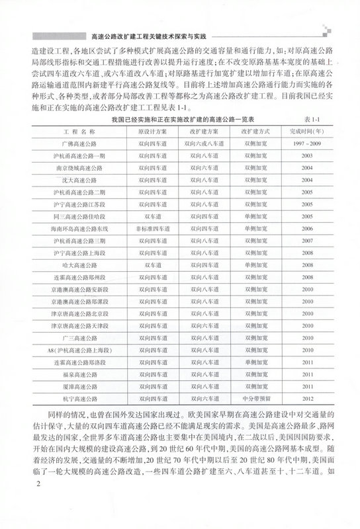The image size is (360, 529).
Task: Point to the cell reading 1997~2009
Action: point(306,143)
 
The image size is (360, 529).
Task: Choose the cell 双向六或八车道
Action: point(203,143)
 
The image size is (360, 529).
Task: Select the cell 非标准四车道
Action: point(152,226)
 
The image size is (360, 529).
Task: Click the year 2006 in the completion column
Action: point(306,226)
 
